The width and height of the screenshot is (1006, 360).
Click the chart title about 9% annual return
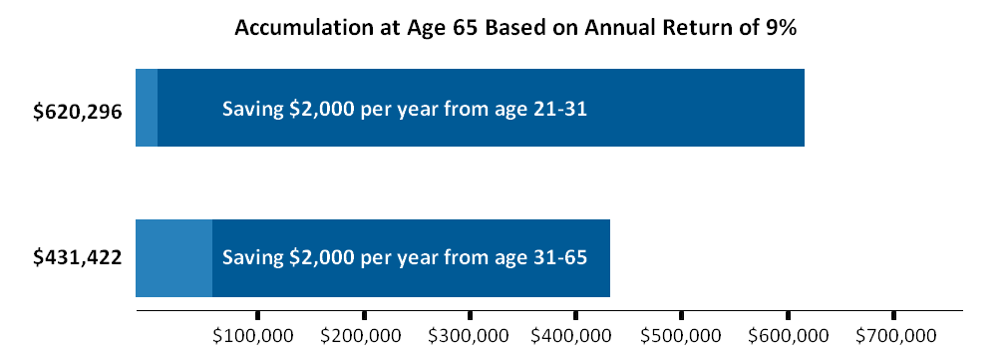click(515, 29)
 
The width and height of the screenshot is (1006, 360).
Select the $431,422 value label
click(78, 257)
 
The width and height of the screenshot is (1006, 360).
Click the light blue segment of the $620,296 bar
click(147, 108)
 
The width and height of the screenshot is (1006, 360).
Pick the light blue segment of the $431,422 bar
click(173, 258)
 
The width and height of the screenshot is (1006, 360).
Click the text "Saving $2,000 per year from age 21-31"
click(405, 109)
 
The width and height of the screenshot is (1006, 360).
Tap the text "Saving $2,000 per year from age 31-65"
click(405, 257)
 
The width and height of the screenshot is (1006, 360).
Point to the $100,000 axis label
click(253, 336)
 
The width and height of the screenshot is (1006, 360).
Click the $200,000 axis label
click(361, 336)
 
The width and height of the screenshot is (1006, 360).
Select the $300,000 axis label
click(468, 336)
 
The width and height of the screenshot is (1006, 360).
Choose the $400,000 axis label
click(572, 336)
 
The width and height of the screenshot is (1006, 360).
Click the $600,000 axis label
click(788, 336)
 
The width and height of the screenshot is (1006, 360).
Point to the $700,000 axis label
click(895, 336)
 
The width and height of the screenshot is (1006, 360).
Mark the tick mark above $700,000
click(893, 315)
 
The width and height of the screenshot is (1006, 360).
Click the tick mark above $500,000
click(681, 315)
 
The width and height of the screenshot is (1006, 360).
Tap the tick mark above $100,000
click(257, 315)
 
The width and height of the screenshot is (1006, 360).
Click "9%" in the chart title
click(782, 28)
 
